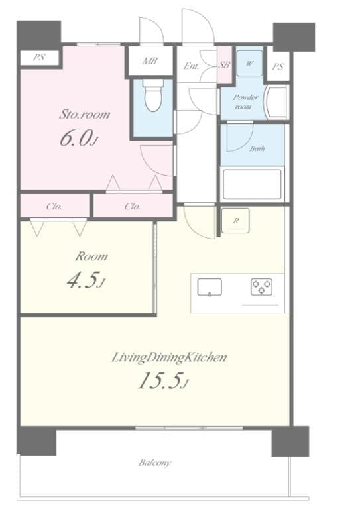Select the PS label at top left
[x=39, y=58]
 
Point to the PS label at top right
[x=278, y=66]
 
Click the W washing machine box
[x=249, y=64]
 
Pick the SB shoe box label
[x=224, y=65]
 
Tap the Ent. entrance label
[x=192, y=66]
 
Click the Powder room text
[x=245, y=101]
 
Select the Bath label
[x=257, y=148]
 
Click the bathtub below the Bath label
[x=251, y=184]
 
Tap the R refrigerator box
[x=236, y=221]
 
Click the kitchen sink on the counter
[x=210, y=288]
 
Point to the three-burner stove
[x=261, y=286]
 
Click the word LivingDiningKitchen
[x=169, y=357]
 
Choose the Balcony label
[x=154, y=463]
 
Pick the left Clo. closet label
[x=54, y=206]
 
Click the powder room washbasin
[x=275, y=101]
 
